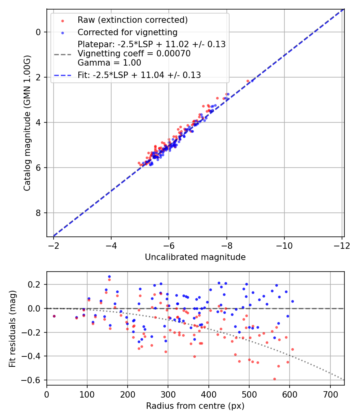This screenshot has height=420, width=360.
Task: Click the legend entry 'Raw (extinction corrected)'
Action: click(x=132, y=20)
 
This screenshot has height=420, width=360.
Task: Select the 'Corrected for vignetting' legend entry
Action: click(x=127, y=32)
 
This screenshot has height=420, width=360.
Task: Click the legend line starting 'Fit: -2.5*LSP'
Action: click(x=139, y=75)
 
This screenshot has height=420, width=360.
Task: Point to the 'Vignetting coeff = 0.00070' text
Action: click(x=134, y=54)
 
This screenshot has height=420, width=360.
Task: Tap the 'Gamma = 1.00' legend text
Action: click(x=109, y=63)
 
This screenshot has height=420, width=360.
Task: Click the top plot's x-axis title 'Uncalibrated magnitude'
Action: click(x=195, y=257)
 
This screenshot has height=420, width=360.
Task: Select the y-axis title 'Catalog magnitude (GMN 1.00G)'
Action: click(x=27, y=122)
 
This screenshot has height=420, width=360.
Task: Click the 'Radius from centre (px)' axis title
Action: click(x=195, y=406)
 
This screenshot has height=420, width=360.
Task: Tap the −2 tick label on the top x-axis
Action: click(x=54, y=245)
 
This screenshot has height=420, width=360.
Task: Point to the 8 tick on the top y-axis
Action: click(x=38, y=213)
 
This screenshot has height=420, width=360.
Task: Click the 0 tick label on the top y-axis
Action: click(x=38, y=32)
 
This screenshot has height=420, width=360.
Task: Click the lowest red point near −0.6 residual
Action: click(x=274, y=379)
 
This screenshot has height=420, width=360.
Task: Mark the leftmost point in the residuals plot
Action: click(x=54, y=316)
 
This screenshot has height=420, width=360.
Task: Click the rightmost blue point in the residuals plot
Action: click(x=292, y=301)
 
